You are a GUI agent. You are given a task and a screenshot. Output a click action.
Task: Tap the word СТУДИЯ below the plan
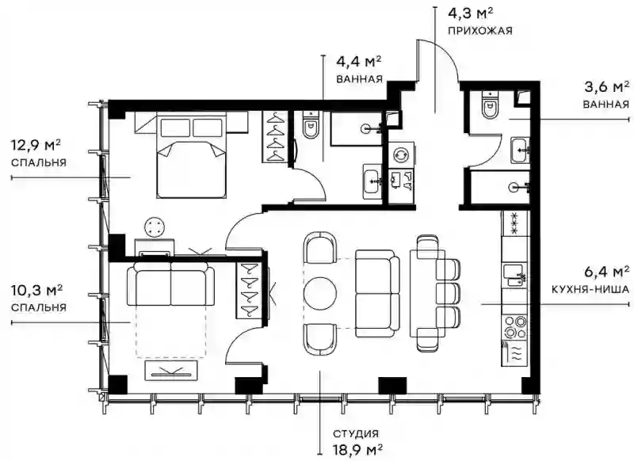[356, 434]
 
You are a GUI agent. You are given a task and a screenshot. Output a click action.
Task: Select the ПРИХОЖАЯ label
[480, 31]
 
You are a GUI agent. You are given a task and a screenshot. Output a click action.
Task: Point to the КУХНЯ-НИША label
[590, 289]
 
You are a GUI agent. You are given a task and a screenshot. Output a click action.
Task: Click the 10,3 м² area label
[36, 290]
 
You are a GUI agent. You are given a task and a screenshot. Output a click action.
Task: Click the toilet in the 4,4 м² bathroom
[311, 125]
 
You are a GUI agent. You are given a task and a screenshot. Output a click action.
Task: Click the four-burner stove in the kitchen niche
[514, 327]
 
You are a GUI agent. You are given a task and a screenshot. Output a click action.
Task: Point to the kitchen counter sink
[514, 275]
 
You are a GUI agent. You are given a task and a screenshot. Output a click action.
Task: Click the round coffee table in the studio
[320, 293]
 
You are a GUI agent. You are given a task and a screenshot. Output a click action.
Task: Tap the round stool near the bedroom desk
[155, 227]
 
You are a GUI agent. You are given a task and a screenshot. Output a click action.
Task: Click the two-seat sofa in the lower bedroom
[171, 284]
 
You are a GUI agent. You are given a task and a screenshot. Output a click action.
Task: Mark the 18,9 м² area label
[358, 450]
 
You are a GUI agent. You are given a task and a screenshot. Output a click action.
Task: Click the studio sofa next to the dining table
[375, 293]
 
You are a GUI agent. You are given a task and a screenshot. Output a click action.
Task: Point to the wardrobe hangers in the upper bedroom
[275, 136]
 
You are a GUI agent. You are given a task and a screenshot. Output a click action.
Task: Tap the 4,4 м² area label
[359, 63]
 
